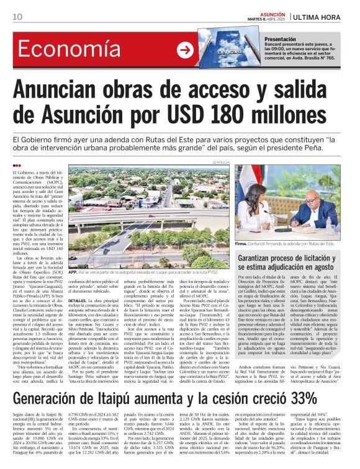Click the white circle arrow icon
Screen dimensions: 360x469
click(185, 50)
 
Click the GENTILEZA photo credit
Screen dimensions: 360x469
click(220, 162)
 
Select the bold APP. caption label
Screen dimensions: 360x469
click(73, 272)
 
